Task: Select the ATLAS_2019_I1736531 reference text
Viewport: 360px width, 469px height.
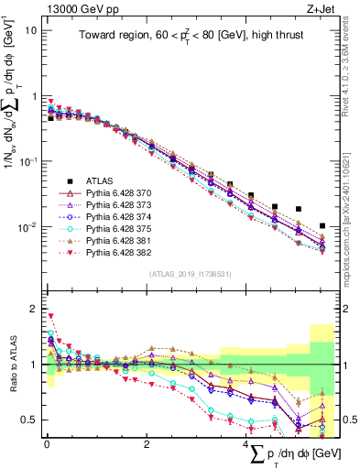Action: coord(191,274)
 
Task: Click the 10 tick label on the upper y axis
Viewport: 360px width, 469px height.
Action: coord(30,30)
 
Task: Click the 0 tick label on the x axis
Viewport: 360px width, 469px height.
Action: coord(47,444)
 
